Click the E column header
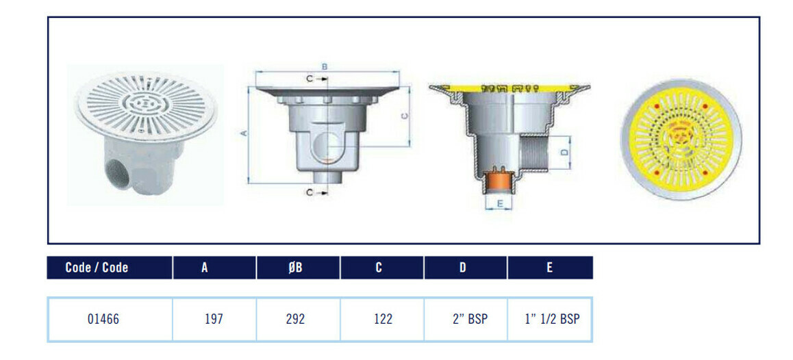551,268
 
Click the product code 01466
103,319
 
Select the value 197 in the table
214,319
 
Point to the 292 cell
295,319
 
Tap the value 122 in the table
382,319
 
